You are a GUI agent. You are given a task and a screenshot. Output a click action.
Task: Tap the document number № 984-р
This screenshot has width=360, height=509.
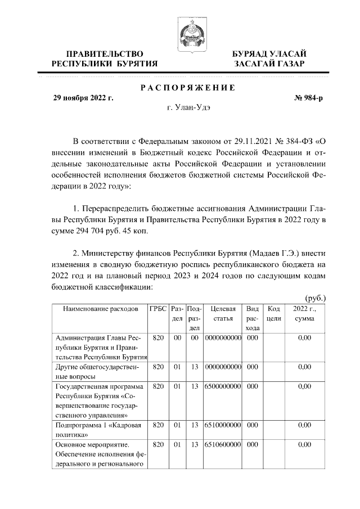coord(309,98)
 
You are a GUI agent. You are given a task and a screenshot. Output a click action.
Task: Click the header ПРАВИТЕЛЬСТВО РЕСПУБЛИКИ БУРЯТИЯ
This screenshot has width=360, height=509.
coord(105,58)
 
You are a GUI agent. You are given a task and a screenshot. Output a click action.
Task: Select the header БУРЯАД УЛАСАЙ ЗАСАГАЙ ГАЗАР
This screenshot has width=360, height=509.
coord(269,58)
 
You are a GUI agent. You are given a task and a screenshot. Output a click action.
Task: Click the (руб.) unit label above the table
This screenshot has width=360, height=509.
coord(315,298)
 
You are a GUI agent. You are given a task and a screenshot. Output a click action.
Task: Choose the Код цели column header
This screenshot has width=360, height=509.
coord(274,314)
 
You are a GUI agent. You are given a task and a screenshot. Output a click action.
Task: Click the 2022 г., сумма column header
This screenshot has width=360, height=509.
coord(304,314)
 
